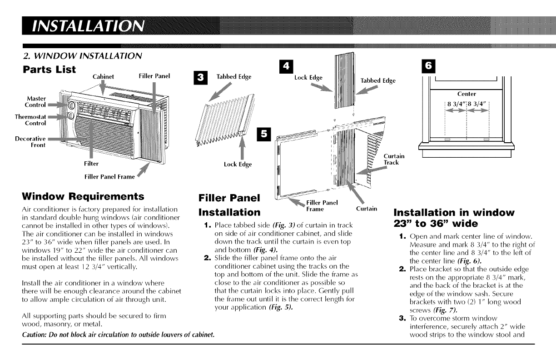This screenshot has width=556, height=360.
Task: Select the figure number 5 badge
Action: [262, 134]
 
